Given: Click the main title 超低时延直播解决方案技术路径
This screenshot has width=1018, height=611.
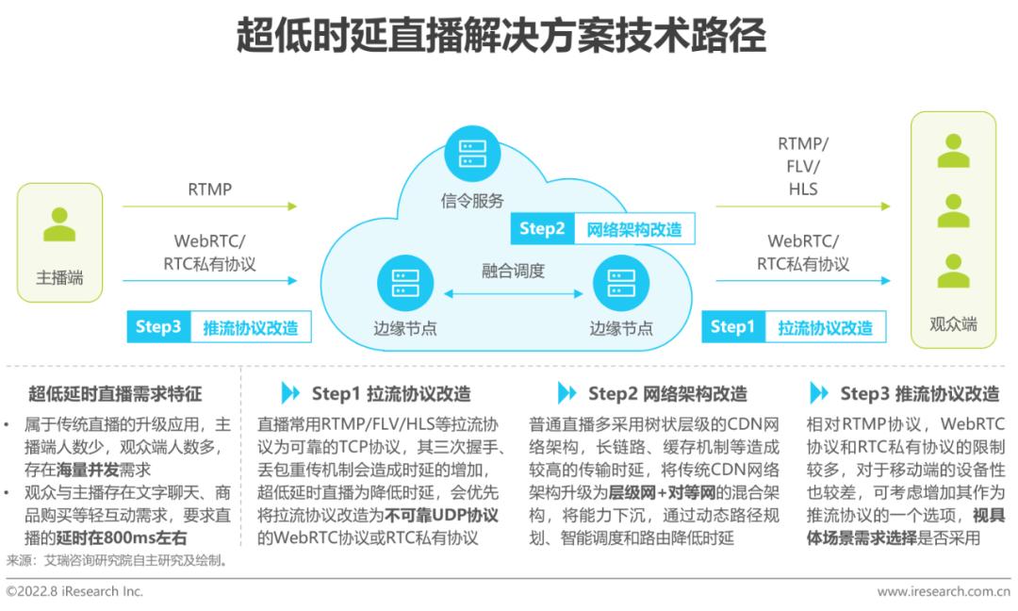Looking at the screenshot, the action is pos(501,35).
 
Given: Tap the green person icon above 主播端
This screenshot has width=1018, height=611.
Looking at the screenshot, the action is pos(59,224).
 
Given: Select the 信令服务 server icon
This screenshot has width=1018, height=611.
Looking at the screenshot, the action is pos(472,154).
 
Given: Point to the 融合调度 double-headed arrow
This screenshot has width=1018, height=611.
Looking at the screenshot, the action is pos(513,293).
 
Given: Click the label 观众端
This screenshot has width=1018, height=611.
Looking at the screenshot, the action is pos(952,324).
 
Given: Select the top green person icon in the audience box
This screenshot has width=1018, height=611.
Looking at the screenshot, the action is pos(953,151).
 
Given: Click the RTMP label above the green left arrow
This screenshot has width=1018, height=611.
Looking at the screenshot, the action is pos(209,189).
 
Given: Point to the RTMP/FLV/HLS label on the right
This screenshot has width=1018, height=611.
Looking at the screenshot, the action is pos(803,166).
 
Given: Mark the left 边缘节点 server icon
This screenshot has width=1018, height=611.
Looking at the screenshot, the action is pos(405,283).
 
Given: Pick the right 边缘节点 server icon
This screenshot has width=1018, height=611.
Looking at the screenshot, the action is pos(620,283).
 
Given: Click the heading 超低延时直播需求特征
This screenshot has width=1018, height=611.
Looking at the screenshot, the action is pos(115,393).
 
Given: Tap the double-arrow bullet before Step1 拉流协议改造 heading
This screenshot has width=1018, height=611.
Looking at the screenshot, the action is pos(290,393).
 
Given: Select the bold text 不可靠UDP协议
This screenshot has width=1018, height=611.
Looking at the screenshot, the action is pos(441,516).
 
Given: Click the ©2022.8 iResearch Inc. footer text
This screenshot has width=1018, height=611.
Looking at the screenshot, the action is pos(74,591).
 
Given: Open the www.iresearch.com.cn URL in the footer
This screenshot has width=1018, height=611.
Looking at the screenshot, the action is pos(944,591).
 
